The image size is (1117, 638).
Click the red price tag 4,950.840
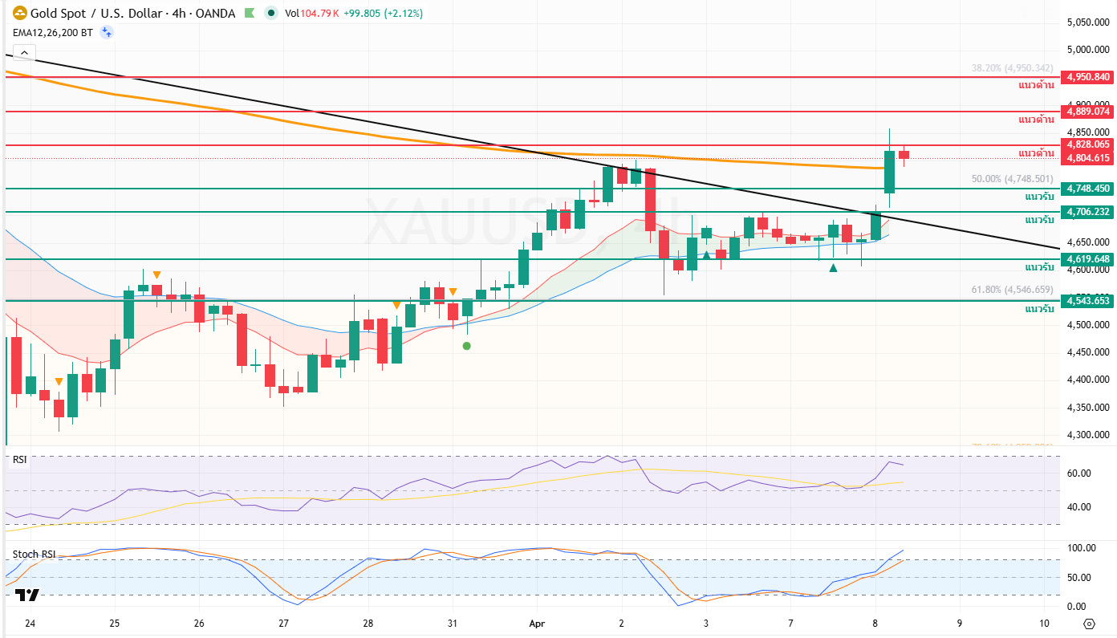(x=1088, y=77)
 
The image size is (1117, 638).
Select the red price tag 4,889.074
(x=1088, y=112)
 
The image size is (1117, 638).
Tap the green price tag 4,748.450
(x=1088, y=189)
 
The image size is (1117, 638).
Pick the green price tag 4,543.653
(x=1088, y=301)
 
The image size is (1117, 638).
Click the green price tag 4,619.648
(x=1088, y=259)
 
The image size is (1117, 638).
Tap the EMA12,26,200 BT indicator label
(x=52, y=32)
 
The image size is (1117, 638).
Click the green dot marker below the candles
(x=467, y=346)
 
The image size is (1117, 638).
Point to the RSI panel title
(x=19, y=460)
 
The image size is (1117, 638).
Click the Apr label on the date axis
(x=536, y=623)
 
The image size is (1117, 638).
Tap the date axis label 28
(x=368, y=623)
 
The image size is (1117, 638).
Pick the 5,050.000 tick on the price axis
(x=1088, y=22)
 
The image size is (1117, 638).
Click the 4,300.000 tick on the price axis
(x=1088, y=435)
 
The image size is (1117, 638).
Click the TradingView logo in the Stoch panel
(x=27, y=595)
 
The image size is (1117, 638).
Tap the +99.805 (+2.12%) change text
(x=383, y=13)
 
